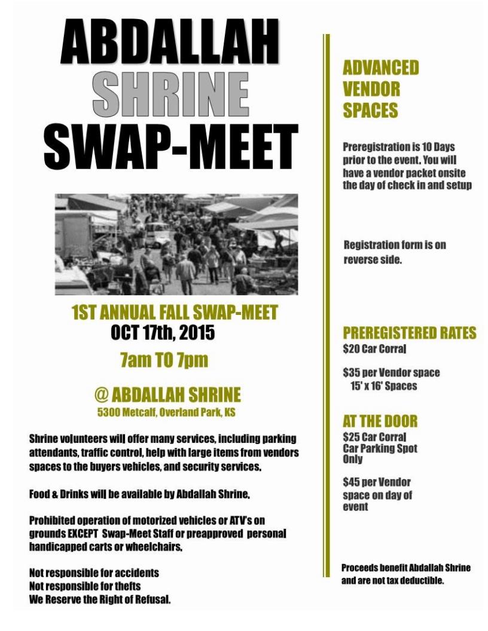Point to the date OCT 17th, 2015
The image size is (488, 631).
tap(163, 332)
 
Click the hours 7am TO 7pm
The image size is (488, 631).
tap(164, 360)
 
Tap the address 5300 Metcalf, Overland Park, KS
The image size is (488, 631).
tap(168, 412)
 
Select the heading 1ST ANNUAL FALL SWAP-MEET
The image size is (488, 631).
tap(175, 313)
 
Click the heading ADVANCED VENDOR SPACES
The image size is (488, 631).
tap(380, 88)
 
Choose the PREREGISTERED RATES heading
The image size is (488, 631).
tap(409, 333)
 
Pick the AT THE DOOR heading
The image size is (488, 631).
tap(380, 421)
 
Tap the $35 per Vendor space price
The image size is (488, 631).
tap(391, 373)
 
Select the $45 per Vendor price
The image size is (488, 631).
tap(377, 482)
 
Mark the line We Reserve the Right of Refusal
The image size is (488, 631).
tap(100, 599)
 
